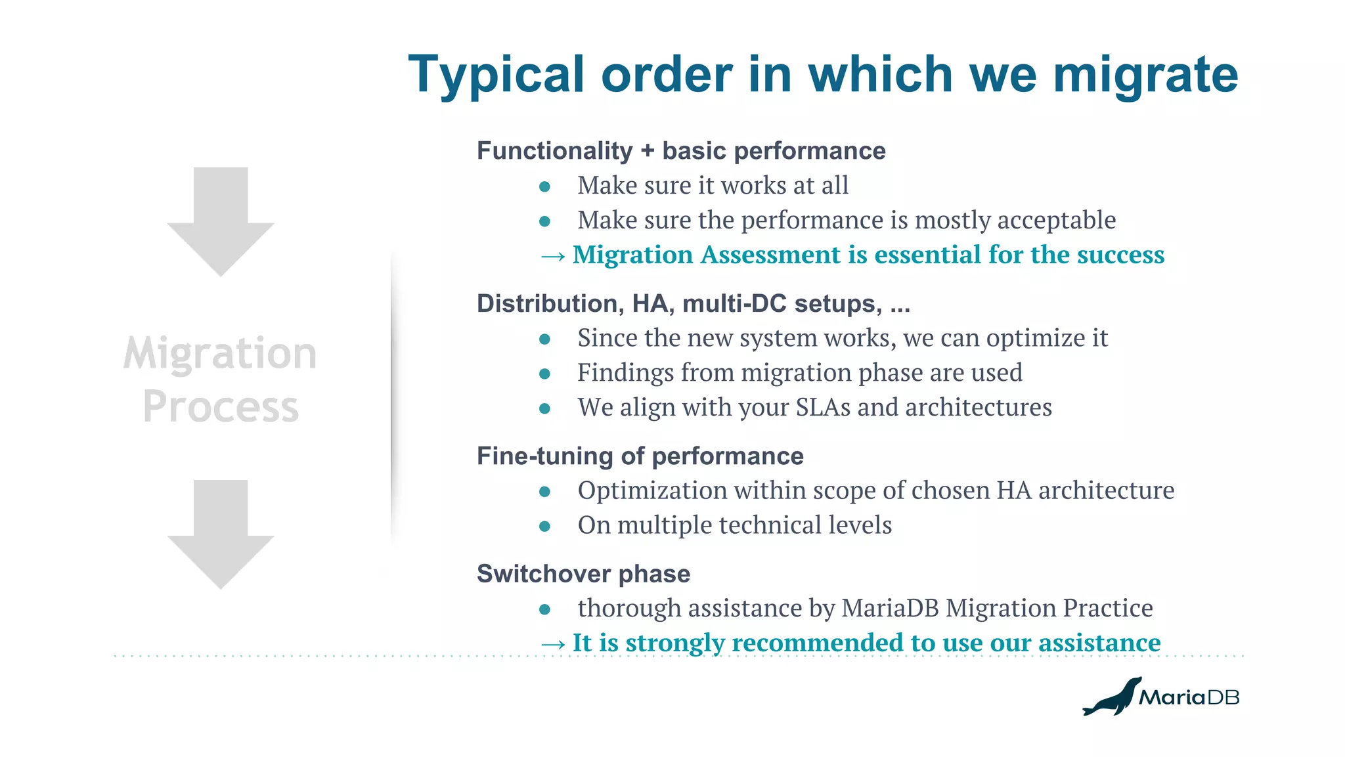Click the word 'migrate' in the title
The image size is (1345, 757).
click(1145, 75)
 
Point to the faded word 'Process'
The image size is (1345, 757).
click(221, 407)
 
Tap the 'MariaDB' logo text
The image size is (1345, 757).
click(1189, 697)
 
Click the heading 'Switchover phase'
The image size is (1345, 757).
click(583, 574)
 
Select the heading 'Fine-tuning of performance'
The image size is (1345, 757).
click(640, 456)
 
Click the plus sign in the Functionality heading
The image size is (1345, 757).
click(648, 152)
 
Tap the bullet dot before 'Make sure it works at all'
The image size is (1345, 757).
click(544, 187)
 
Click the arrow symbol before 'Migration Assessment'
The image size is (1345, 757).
click(552, 256)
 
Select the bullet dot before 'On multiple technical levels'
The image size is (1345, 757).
click(544, 527)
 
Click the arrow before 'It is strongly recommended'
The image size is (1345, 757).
click(552, 644)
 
